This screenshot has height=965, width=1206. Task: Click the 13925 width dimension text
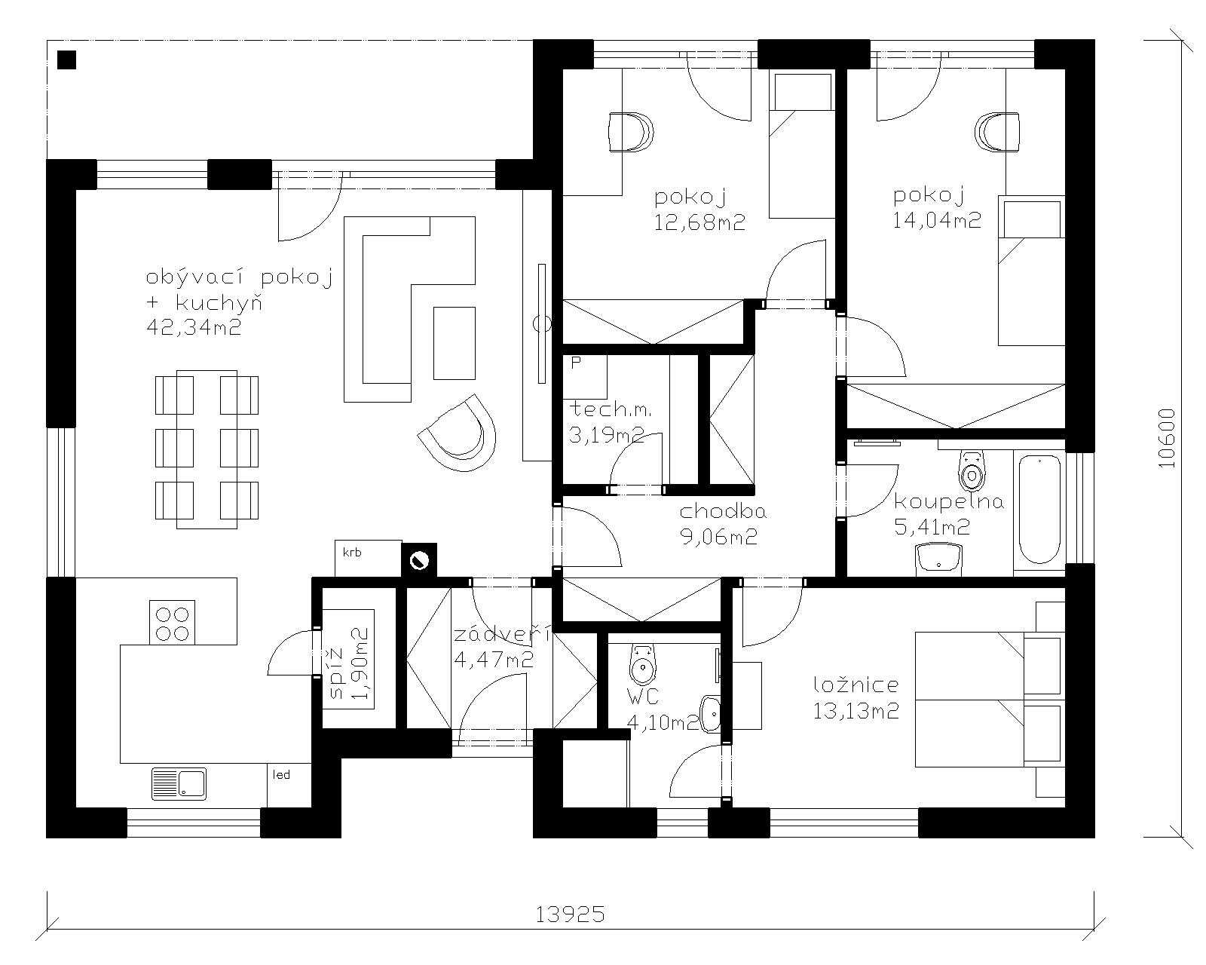(x=571, y=915)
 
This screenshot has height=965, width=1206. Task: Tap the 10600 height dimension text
(x=1167, y=439)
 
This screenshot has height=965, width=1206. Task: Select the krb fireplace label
(x=352, y=553)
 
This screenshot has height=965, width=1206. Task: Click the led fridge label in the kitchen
(x=281, y=775)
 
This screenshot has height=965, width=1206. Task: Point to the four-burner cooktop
(x=172, y=622)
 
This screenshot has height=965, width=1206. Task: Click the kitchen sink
(x=179, y=783)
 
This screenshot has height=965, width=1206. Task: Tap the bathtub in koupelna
(x=1039, y=509)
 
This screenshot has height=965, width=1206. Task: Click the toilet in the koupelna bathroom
(x=972, y=471)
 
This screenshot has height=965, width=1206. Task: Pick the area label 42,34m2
(x=194, y=327)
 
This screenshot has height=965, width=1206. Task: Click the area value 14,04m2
(x=937, y=220)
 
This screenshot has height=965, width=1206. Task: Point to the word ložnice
(x=856, y=685)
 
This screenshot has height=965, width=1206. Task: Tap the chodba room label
(x=723, y=511)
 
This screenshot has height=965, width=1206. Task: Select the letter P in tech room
(x=576, y=363)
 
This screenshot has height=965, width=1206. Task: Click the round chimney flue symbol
(x=418, y=560)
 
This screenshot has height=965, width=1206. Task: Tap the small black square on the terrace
(x=66, y=60)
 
